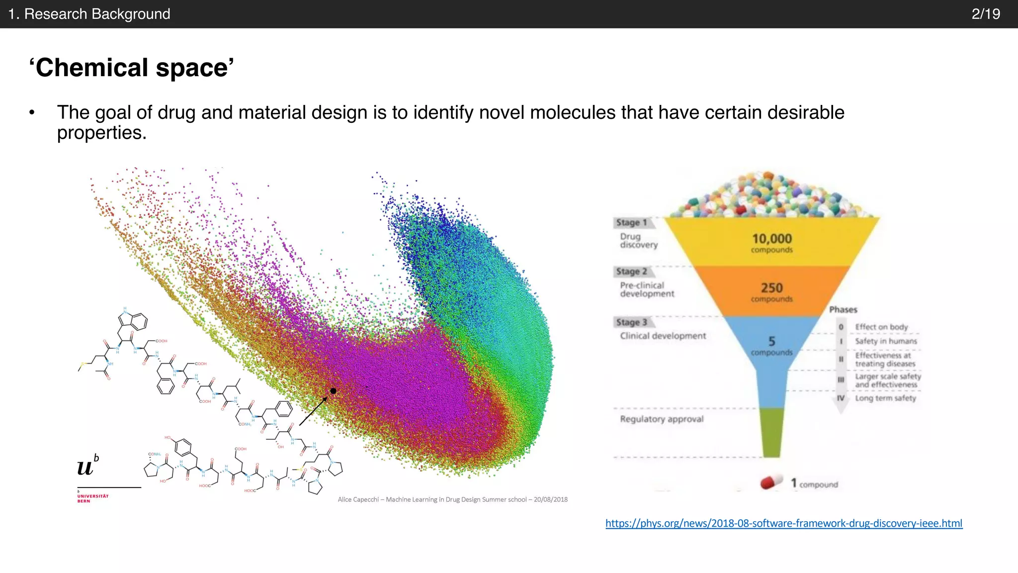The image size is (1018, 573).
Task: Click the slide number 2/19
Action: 986,14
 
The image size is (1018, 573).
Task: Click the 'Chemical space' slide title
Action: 132,68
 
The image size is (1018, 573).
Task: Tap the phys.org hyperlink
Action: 784,523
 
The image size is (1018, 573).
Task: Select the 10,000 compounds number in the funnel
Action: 771,239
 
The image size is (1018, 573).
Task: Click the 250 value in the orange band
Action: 771,288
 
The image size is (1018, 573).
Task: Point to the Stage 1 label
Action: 631,223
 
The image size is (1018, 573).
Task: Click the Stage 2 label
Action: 631,272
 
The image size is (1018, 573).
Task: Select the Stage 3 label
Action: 631,322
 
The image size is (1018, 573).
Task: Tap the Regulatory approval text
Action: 662,419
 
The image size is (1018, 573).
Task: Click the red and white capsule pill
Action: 771,482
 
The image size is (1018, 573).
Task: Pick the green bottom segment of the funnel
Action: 771,432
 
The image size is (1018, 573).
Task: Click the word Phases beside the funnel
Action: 843,309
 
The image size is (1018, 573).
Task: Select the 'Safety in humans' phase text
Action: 886,341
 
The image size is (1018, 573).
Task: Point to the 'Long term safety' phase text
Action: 885,398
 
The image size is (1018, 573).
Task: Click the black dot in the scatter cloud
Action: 333,391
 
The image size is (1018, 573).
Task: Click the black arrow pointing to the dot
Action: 313,411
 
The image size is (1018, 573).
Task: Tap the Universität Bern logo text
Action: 92,498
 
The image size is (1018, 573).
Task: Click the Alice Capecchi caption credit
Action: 452,499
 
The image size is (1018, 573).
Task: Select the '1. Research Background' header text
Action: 89,14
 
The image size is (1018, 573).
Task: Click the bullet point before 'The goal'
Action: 32,113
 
